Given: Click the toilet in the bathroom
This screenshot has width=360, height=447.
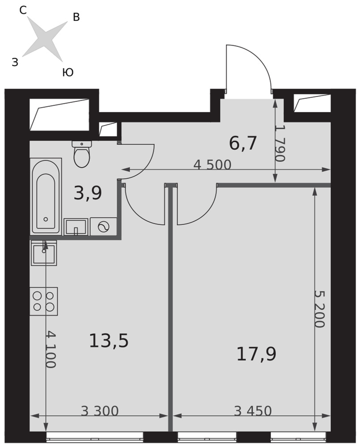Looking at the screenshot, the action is tap(82, 154).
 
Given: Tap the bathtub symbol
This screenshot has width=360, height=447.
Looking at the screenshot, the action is tap(46, 196).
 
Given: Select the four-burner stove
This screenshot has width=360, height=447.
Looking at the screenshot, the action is tap(44, 301).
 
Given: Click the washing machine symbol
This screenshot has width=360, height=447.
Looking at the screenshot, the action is tap(103, 227).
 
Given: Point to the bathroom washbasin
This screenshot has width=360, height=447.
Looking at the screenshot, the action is tap(76, 227).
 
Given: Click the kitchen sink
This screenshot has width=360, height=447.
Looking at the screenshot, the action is tap(44, 253).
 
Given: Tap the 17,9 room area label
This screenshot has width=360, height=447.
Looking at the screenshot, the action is tap(256, 354).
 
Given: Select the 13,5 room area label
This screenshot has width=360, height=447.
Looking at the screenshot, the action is tap(109, 341).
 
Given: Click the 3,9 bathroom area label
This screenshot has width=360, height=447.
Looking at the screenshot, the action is tap(88, 193).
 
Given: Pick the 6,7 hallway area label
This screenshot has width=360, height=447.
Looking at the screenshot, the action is tap(243, 143).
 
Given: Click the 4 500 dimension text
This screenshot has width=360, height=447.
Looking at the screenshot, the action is tap(212, 165).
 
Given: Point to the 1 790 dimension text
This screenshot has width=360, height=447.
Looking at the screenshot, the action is tap(280, 143).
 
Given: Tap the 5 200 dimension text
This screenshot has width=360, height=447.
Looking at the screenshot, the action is tap(319, 309).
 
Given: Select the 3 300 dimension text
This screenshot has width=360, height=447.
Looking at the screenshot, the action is tap(100, 411).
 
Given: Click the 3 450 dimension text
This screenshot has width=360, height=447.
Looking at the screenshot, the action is tap(253, 411).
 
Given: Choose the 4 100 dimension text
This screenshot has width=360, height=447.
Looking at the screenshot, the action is tap(50, 349).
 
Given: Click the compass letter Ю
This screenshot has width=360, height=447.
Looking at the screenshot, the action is tap(68, 72).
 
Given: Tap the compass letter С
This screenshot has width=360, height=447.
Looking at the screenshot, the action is tap(23, 11).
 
